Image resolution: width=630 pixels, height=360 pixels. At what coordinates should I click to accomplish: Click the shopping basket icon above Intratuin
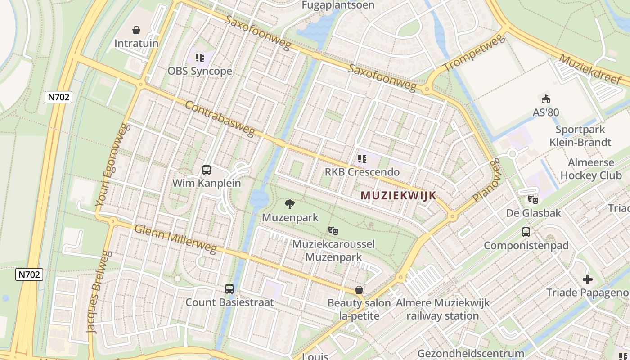(x=136, y=30)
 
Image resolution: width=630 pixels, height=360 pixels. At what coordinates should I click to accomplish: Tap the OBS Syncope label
(x=200, y=71)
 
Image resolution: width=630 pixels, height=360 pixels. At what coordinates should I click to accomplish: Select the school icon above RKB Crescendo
(x=362, y=158)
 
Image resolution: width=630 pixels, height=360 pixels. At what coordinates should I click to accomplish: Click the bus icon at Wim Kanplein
(x=207, y=170)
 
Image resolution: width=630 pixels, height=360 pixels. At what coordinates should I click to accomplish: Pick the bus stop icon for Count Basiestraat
(x=229, y=289)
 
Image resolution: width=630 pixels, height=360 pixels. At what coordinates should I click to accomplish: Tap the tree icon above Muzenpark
(x=290, y=204)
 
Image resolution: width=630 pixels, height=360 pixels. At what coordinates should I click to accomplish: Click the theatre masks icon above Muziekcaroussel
(x=333, y=231)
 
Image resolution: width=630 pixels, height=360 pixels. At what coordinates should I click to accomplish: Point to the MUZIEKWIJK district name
(x=398, y=195)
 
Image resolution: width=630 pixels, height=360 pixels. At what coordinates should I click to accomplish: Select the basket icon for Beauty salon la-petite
(x=359, y=290)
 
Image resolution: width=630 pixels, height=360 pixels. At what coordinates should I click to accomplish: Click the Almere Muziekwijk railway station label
(x=443, y=309)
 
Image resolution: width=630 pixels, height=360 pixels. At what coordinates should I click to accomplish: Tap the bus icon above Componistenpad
(x=526, y=232)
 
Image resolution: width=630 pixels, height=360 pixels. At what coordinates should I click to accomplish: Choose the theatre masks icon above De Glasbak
(x=533, y=199)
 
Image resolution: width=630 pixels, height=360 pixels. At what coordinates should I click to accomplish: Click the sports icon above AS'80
(x=546, y=99)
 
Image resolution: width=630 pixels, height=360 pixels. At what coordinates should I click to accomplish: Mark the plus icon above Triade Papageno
(x=588, y=279)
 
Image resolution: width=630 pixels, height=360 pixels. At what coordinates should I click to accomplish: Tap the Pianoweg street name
(x=486, y=180)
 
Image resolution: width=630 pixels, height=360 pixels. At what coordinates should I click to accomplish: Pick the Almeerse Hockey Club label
(x=591, y=169)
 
